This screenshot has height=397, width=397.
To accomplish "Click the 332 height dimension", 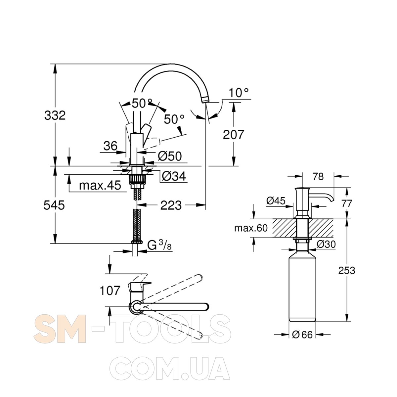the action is [x=55, y=115].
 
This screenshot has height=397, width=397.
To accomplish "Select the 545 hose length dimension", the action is [x=54, y=205].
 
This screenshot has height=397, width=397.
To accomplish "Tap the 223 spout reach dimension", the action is [x=171, y=205].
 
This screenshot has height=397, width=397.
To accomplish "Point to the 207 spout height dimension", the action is [x=234, y=135].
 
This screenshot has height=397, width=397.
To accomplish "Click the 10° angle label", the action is [x=239, y=93].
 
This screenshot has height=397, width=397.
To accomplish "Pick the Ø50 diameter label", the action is [x=170, y=156].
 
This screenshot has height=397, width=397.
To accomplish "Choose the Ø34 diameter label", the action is [x=174, y=176].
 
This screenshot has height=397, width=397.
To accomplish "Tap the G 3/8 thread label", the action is [x=159, y=245].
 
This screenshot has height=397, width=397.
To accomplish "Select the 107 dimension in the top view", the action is [x=110, y=291].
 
